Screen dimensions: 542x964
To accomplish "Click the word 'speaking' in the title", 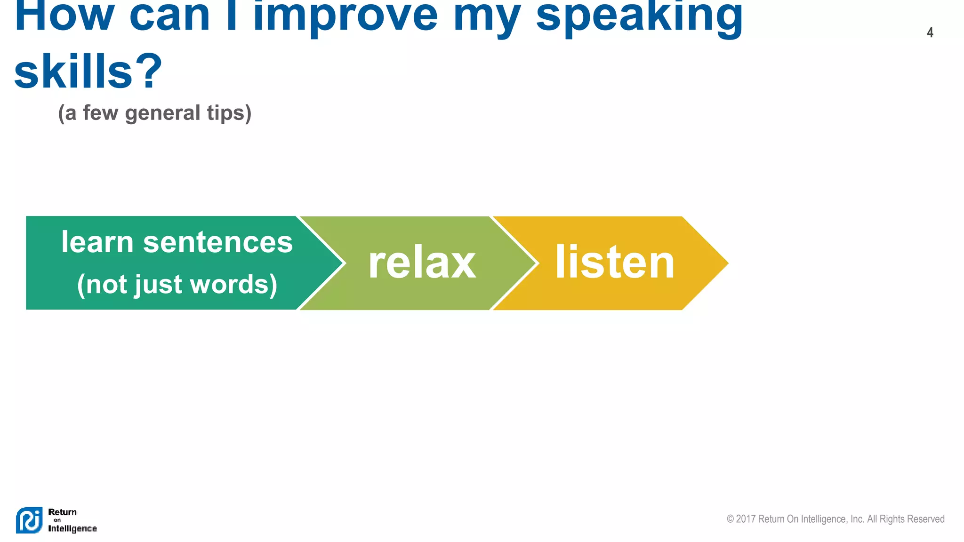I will point(639,16).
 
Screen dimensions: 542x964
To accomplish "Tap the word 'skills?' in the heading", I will point(88,72).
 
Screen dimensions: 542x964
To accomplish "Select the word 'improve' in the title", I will point(345,16).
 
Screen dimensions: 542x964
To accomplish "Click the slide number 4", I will point(930,32).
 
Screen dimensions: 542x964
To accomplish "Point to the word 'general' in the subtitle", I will point(163,113).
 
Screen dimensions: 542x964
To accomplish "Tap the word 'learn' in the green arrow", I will point(97,242).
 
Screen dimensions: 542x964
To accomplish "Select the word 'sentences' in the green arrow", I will point(217,242).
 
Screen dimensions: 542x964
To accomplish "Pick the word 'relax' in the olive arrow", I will point(422,263).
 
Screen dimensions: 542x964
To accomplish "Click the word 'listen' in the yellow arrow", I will point(615,263).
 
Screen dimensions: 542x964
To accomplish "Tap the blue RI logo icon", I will point(29,520).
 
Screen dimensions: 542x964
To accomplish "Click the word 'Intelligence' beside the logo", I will point(72,529).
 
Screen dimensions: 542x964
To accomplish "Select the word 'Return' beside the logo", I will point(62,512).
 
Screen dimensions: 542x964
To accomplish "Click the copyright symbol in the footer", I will point(730,519).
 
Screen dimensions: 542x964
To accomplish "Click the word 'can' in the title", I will point(169,16).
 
